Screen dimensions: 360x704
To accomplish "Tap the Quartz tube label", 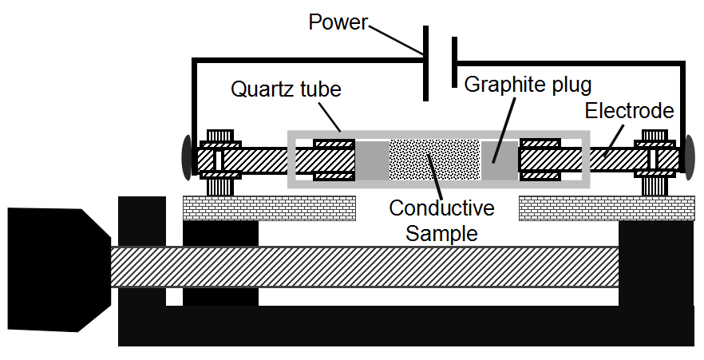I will pyautogui.click(x=286, y=88).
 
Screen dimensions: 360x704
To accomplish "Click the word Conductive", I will pyautogui.click(x=441, y=208).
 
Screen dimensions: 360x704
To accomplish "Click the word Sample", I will pyautogui.click(x=441, y=233).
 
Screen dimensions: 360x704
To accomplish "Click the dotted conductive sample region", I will pyautogui.click(x=435, y=160).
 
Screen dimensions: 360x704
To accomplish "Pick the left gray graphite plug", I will pyautogui.click(x=371, y=160).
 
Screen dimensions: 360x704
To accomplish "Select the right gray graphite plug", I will pyautogui.click(x=500, y=160).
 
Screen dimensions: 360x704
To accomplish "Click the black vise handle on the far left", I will pyautogui.click(x=56, y=269).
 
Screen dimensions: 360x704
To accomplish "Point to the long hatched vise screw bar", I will pyautogui.click(x=363, y=267).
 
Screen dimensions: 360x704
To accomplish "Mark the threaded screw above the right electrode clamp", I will pyautogui.click(x=655, y=135).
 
